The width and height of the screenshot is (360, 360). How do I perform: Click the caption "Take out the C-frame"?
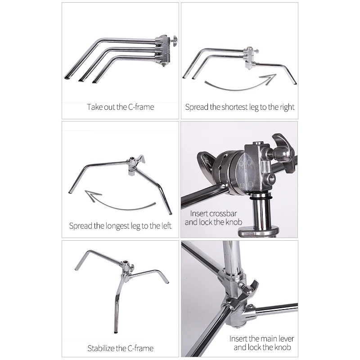point(120,107)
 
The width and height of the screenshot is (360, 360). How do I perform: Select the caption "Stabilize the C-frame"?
point(120,348)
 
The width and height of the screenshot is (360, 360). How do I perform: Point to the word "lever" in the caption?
point(286,339)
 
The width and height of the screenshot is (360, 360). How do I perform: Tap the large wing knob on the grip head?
point(283,152)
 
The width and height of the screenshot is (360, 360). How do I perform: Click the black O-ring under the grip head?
point(261,198)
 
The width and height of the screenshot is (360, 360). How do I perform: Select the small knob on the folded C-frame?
point(175,40)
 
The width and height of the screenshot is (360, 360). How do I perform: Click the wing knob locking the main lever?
point(250,288)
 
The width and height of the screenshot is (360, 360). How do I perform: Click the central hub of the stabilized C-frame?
point(127,267)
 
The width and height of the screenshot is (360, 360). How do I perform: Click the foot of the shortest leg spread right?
point(295,83)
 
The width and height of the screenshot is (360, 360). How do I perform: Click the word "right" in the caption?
point(287,108)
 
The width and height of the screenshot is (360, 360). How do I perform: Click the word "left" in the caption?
point(166,226)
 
